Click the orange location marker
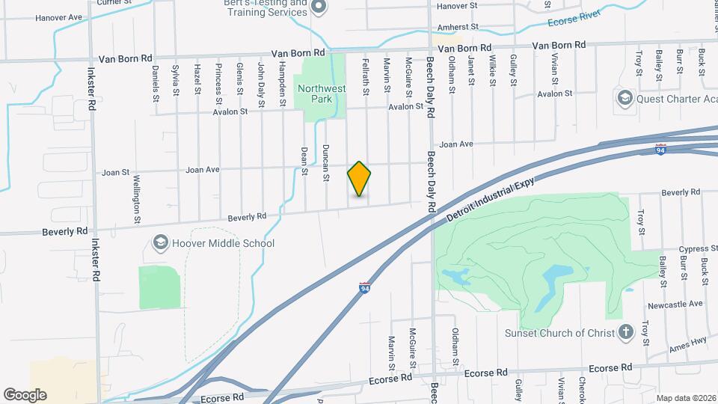359,179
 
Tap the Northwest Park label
322,94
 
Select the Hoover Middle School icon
160,243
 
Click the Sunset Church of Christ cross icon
626,332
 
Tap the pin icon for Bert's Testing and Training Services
319,8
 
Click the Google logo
25,395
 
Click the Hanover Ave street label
58,17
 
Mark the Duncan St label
326,162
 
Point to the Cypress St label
677,249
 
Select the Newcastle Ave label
675,304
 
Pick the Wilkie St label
493,72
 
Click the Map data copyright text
685,398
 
